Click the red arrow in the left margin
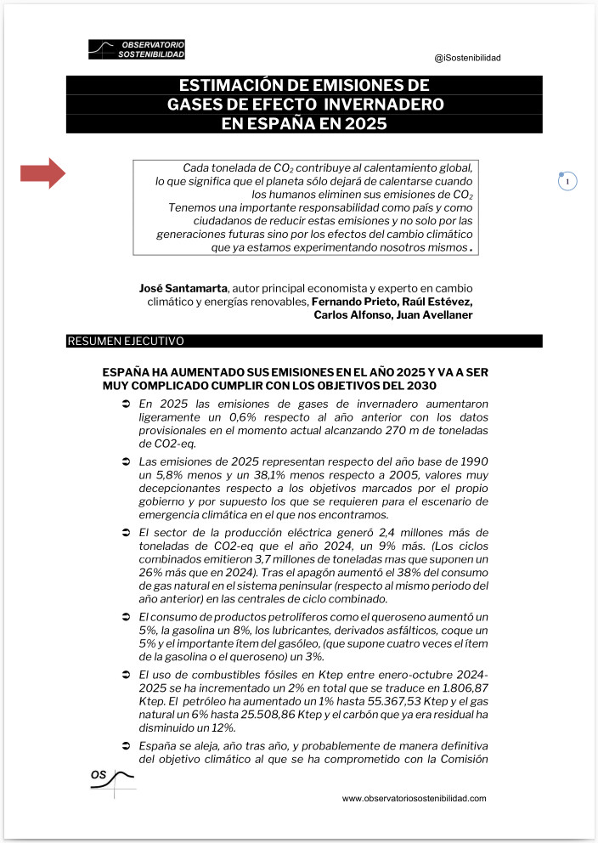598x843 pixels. coord(43,173)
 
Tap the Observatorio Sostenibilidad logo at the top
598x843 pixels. coord(137,49)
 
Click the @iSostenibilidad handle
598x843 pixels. coord(467,58)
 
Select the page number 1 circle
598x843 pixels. coord(568,181)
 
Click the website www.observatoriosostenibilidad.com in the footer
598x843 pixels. coord(415,799)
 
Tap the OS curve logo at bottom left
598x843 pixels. coord(112,781)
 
